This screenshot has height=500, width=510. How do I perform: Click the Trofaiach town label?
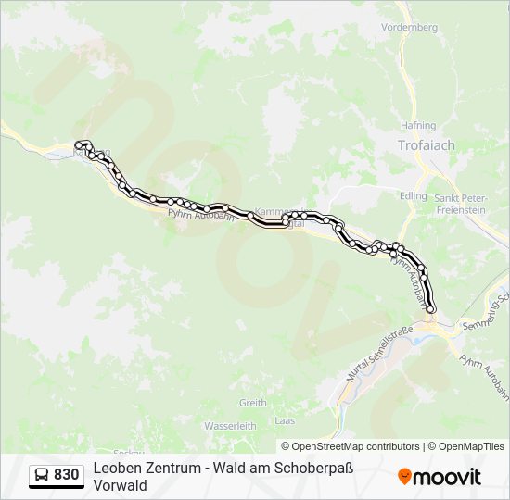coord(426,145)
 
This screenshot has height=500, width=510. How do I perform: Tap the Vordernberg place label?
coord(409,28)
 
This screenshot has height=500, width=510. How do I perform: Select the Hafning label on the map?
coord(418,125)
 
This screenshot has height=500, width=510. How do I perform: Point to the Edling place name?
coord(414,195)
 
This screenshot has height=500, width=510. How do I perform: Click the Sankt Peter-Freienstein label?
coord(460,203)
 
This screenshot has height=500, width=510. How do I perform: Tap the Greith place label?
coord(253,403)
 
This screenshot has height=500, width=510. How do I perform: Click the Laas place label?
coord(285,420)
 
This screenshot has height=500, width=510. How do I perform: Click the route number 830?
coord(66,475)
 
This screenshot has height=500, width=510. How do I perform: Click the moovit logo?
coord(440,477)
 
